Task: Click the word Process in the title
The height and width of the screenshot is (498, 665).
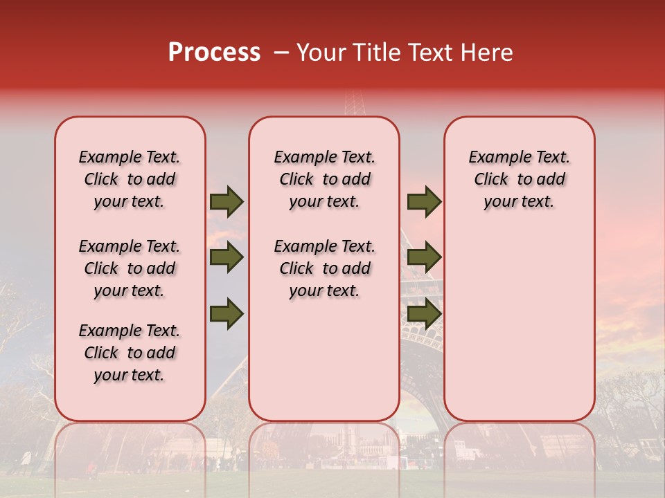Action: (214, 53)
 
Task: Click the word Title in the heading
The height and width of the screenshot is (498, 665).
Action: (376, 53)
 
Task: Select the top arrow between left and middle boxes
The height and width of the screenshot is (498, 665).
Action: (227, 202)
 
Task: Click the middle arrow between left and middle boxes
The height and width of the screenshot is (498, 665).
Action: (227, 258)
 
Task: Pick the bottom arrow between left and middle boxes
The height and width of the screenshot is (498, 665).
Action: (227, 314)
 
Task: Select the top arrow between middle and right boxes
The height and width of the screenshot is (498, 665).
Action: (424, 202)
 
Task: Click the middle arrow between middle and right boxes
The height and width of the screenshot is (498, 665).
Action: (424, 258)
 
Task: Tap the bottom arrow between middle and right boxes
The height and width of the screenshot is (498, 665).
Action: (424, 314)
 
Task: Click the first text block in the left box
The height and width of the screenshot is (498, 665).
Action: (130, 179)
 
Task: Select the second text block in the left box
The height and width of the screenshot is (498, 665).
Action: (130, 268)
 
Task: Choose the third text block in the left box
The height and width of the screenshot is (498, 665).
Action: (130, 353)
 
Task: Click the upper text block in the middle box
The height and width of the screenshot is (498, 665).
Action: (324, 179)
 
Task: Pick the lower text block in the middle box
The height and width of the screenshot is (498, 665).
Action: (324, 268)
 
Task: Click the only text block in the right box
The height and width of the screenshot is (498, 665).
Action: (519, 179)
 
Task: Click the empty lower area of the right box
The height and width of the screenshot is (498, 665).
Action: (519, 325)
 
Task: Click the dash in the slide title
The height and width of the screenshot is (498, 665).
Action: (281, 53)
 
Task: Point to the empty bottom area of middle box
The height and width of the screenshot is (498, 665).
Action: (324, 367)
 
